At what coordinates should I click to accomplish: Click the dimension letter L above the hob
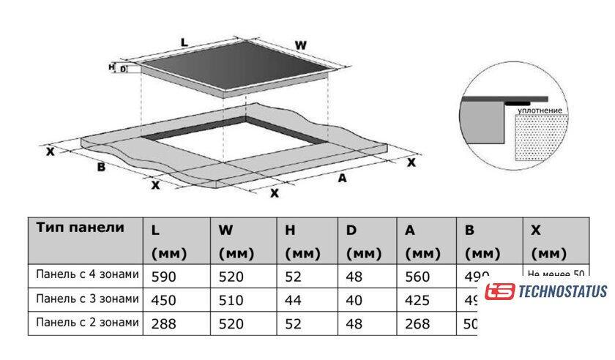[x=184, y=42]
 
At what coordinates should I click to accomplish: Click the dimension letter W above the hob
[x=300, y=45]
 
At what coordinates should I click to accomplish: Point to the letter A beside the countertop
[x=341, y=179]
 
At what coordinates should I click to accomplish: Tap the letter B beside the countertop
[x=102, y=167]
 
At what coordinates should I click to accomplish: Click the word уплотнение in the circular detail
[x=540, y=110]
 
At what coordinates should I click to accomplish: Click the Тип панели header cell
[x=81, y=228]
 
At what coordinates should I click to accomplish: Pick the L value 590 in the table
[x=163, y=277]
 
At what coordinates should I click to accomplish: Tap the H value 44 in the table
[x=292, y=300]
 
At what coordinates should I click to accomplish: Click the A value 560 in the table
[x=417, y=277]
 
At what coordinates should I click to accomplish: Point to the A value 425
[x=417, y=300]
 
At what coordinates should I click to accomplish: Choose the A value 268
[x=417, y=323]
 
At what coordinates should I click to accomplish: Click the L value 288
[x=163, y=323]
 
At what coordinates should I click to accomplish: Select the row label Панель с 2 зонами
[x=86, y=322]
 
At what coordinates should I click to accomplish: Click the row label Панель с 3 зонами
[x=86, y=299]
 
